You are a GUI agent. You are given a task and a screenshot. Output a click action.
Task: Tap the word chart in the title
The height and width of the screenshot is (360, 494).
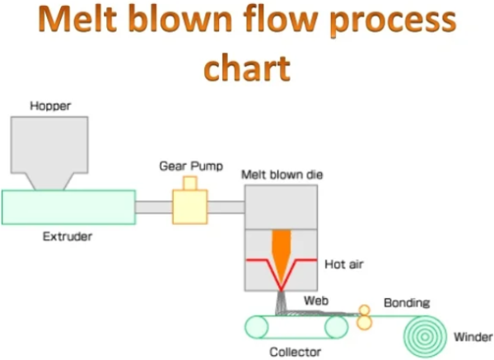pyautogui.click(x=246, y=67)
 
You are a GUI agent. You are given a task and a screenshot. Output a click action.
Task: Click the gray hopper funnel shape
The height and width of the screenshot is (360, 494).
pyautogui.click(x=49, y=148)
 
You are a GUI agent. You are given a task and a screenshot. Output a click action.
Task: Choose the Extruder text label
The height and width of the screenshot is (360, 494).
pyautogui.click(x=67, y=237)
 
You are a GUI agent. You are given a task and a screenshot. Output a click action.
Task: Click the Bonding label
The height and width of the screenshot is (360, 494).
pyautogui.click(x=407, y=303)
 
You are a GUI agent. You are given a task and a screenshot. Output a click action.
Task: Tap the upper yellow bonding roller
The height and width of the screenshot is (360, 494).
pyautogui.click(x=363, y=311)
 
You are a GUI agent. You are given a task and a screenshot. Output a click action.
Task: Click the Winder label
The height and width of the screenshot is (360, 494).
pyautogui.click(x=473, y=337)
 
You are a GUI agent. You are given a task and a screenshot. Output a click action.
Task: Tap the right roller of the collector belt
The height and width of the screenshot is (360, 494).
pyautogui.click(x=337, y=327)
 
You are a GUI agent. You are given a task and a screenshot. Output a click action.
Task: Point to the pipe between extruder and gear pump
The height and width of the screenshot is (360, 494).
pyautogui.click(x=153, y=207)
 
